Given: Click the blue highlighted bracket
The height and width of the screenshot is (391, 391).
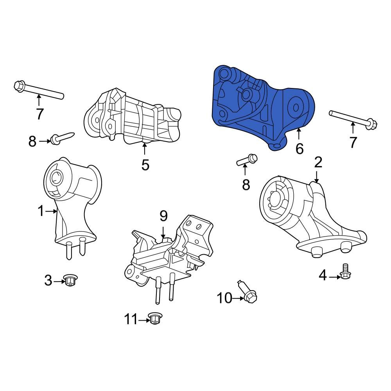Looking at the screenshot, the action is [x=262, y=106].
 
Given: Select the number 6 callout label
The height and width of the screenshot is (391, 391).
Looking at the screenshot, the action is [x=299, y=149].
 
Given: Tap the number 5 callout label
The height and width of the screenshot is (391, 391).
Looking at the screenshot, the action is [x=145, y=165].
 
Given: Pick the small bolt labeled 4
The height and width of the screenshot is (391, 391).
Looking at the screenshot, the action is [x=344, y=273].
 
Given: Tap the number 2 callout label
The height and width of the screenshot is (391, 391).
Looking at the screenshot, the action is [x=318, y=162].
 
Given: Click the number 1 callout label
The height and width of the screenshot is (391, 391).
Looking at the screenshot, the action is [x=41, y=211].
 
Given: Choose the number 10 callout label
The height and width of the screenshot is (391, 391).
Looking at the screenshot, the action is [x=224, y=298].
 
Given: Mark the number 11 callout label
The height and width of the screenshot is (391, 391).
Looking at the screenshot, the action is [x=131, y=319].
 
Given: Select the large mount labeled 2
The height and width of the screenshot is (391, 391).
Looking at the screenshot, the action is [x=309, y=219].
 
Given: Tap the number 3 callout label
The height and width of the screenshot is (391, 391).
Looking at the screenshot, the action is [x=48, y=280].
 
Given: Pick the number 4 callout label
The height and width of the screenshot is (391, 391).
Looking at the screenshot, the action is [x=322, y=276].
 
